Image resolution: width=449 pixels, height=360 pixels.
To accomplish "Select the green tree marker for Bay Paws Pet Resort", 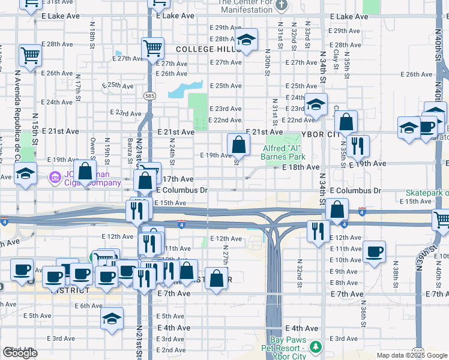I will pyautogui.click(x=315, y=347).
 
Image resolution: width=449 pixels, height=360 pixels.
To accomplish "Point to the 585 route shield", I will pyautogui.click(x=149, y=95).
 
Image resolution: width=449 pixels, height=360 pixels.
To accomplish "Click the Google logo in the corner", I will pyautogui.click(x=20, y=353).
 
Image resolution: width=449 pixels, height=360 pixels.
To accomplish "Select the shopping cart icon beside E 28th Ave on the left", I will pyautogui.click(x=30, y=55).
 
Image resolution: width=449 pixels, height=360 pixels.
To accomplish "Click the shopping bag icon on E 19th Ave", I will pyautogui.click(x=238, y=145).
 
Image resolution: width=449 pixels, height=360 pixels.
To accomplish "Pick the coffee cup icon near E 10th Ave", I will pyautogui.click(x=374, y=252).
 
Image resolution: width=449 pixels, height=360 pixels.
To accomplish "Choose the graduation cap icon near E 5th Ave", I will pyautogui.click(x=112, y=320).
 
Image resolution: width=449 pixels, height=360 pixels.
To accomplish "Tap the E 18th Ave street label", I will pyautogui.click(x=301, y=167).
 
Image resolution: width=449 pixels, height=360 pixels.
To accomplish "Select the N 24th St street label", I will pyautogui.click(x=172, y=153).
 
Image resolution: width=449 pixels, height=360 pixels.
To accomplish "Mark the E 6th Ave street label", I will pyautogui.click(x=88, y=305).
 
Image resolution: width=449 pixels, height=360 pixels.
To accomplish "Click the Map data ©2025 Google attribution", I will pyautogui.click(x=412, y=355).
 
